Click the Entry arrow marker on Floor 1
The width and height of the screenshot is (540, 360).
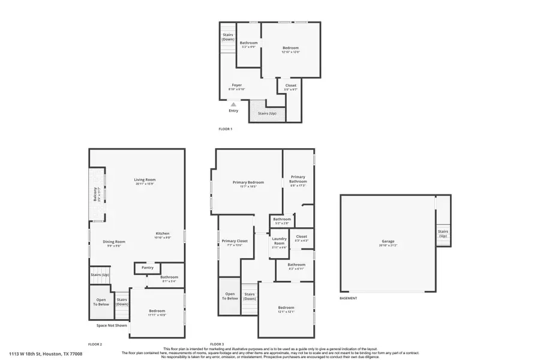tap(233, 104)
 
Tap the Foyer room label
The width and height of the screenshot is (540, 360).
tap(237, 85)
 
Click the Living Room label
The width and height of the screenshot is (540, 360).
tap(145, 179)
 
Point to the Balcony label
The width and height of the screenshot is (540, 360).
tap(95, 194)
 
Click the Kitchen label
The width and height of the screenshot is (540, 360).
tap(163, 233)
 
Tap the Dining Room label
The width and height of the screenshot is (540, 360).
tap(114, 241)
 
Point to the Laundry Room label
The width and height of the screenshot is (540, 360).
tap(279, 243)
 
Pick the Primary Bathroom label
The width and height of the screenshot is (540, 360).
tap(298, 179)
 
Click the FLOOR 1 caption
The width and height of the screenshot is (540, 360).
tap(225, 129)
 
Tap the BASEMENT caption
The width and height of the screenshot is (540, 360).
tap(348, 298)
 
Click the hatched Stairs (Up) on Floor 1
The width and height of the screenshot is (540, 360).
tap(267, 113)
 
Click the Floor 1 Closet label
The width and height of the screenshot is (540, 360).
tap(290, 85)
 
